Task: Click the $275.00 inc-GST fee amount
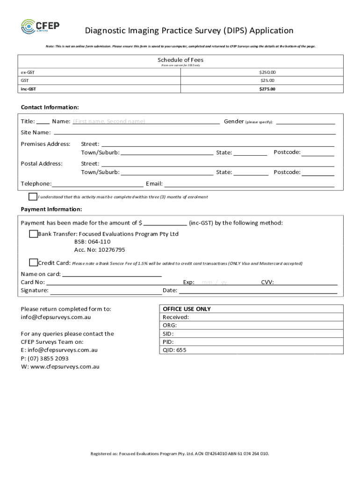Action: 267,89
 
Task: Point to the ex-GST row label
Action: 28,73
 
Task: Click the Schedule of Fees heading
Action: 180,60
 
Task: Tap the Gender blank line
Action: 305,122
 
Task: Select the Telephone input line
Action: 98,184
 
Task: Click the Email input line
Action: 249,184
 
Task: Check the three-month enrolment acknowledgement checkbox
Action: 33,196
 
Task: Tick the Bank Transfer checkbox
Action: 33,234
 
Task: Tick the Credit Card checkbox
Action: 33,262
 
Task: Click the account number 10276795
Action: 100,250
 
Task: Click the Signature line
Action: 106,291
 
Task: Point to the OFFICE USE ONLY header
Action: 187,309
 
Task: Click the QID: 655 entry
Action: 174,350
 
